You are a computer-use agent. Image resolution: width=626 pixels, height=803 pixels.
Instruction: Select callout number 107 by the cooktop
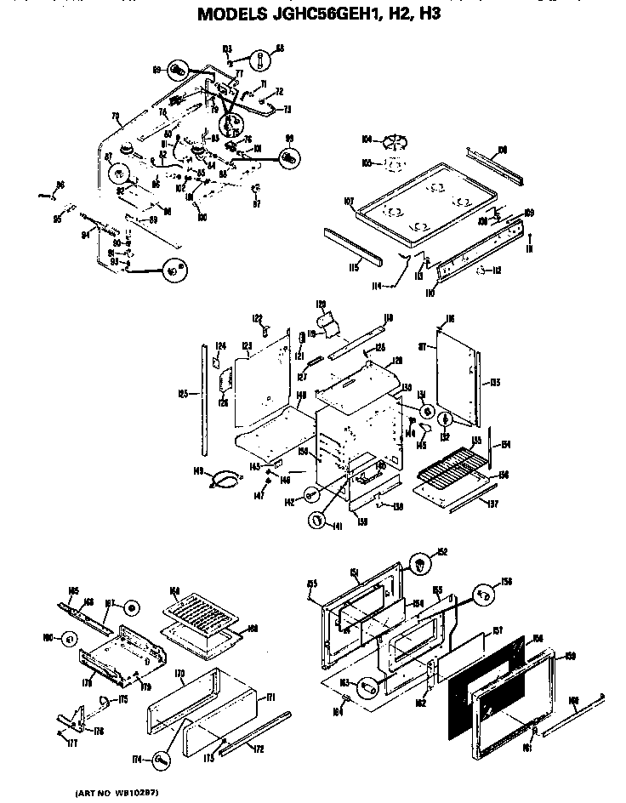point(348,202)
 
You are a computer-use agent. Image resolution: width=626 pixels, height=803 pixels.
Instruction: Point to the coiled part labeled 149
point(224,481)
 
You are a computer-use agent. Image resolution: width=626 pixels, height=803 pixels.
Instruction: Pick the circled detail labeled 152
point(419,565)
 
